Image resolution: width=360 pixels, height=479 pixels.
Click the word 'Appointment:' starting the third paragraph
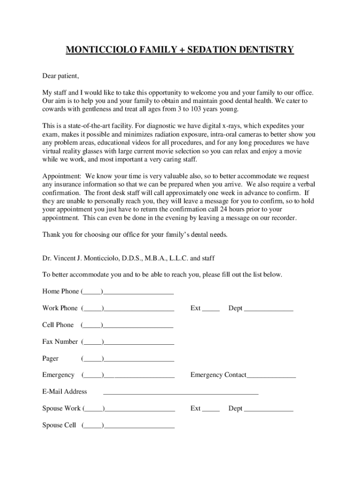[62, 176]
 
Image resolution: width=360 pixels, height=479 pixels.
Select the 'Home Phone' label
[61, 291]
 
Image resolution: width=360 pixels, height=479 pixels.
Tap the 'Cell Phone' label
[58, 325]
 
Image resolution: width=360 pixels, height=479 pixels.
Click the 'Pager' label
[50, 358]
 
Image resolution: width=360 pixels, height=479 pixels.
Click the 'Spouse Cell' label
[59, 425]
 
